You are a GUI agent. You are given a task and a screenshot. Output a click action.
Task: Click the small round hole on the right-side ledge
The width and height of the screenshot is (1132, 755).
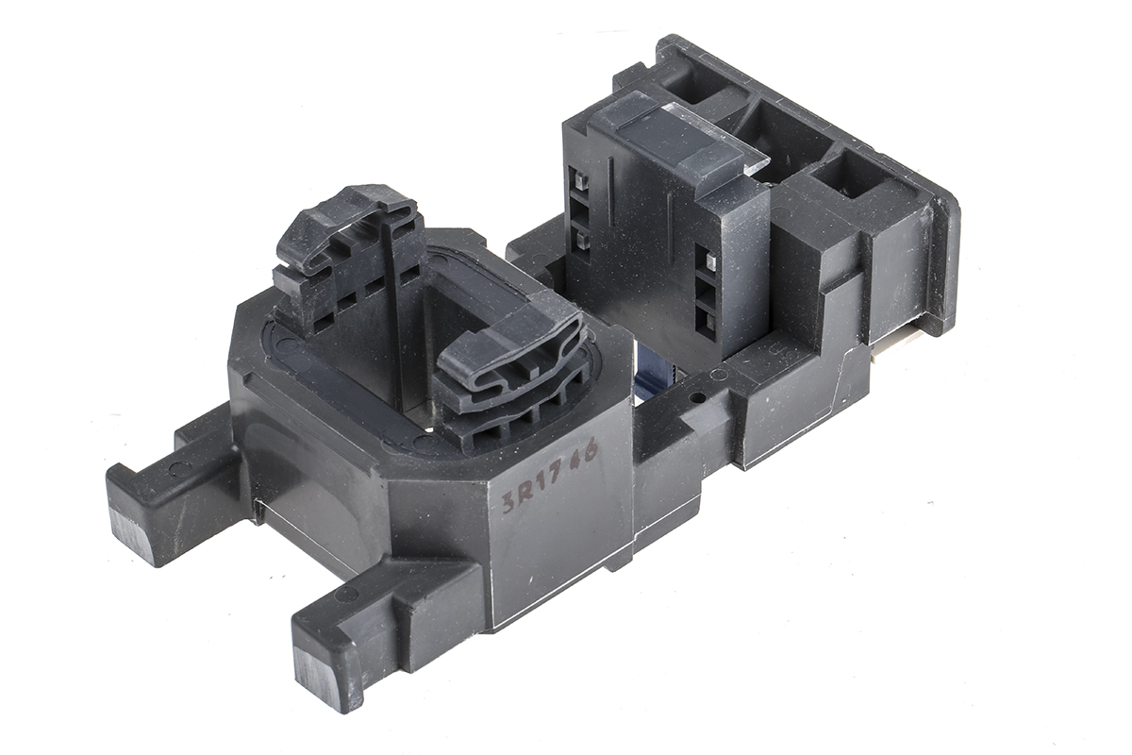click(698, 396)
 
